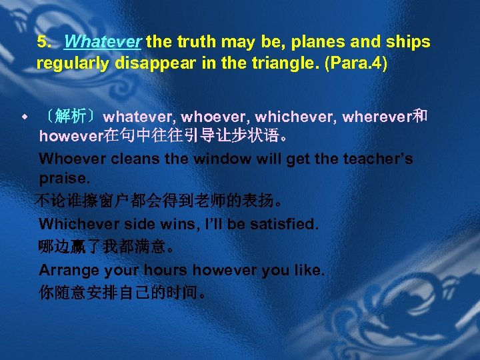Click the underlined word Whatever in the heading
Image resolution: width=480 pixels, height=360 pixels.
pyautogui.click(x=103, y=42)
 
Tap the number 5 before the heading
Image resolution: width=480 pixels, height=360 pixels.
pyautogui.click(x=42, y=42)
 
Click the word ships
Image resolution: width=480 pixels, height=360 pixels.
pyautogui.click(x=409, y=42)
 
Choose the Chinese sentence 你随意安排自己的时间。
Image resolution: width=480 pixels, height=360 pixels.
pyautogui.click(x=123, y=293)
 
